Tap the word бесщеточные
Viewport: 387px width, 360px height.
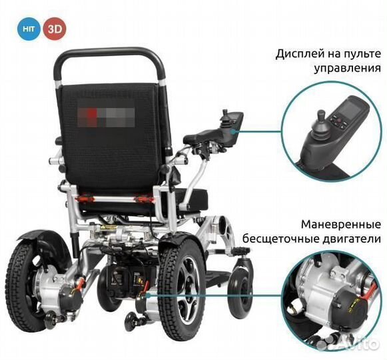point(298,238)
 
